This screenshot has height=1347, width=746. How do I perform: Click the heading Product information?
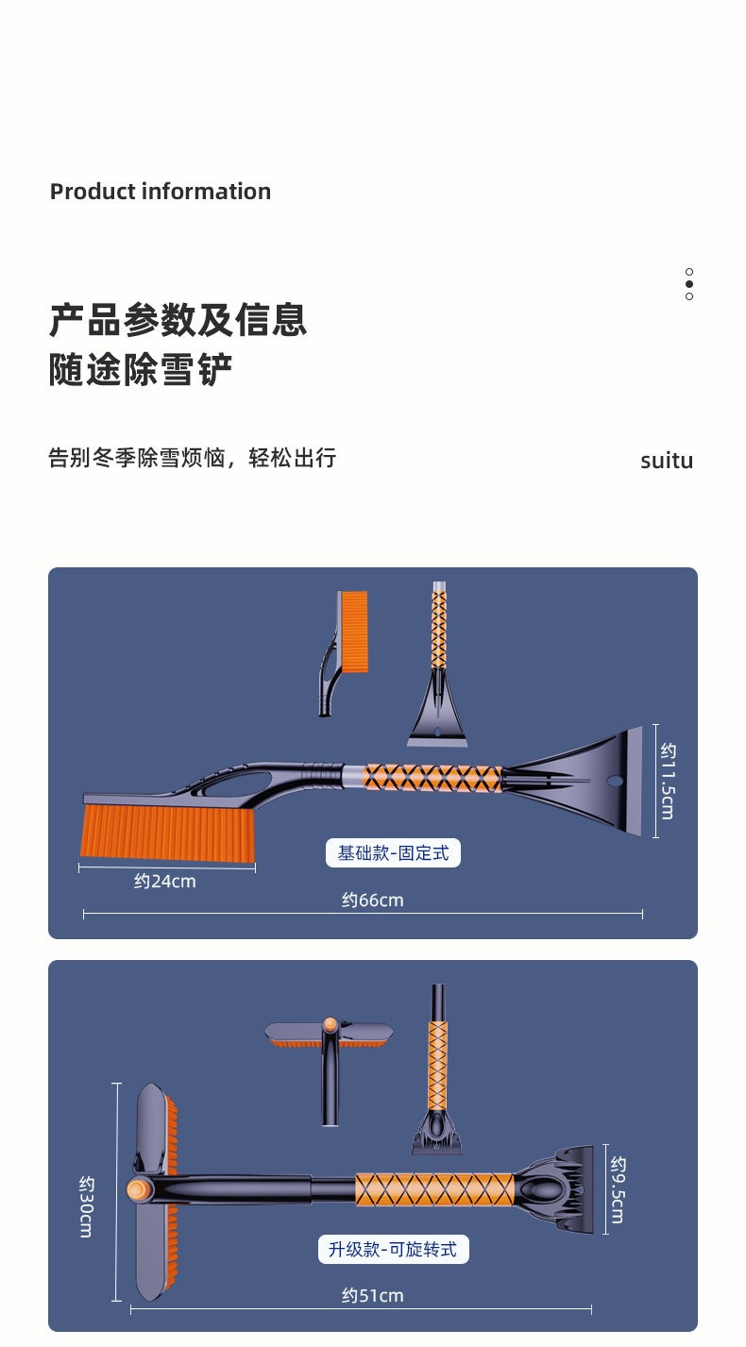click(x=160, y=192)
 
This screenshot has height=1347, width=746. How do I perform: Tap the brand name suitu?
click(x=667, y=461)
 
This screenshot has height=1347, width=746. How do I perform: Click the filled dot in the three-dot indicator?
click(x=689, y=284)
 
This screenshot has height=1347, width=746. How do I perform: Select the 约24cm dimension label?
click(x=165, y=882)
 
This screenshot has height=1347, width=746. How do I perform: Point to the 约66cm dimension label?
click(x=372, y=901)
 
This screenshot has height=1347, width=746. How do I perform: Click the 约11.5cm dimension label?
click(x=668, y=782)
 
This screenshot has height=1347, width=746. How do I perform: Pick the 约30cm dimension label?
click(x=86, y=1207)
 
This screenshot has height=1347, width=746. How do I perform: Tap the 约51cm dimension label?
click(x=372, y=1295)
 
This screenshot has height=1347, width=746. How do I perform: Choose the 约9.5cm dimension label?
click(x=618, y=1190)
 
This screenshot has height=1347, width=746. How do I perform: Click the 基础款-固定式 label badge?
click(x=393, y=852)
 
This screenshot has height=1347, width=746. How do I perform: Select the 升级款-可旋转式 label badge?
click(x=393, y=1249)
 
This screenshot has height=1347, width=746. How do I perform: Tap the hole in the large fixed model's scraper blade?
click(x=615, y=782)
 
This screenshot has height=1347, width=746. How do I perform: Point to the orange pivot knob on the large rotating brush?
click(x=139, y=1189)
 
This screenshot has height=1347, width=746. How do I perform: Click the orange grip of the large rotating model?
click(x=434, y=1189)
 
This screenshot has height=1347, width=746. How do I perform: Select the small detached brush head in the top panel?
click(x=343, y=653)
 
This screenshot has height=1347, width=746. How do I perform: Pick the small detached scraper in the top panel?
click(x=438, y=665)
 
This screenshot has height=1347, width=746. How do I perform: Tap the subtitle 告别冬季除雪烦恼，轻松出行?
click(x=192, y=458)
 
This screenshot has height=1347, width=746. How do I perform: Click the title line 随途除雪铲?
click(x=140, y=369)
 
